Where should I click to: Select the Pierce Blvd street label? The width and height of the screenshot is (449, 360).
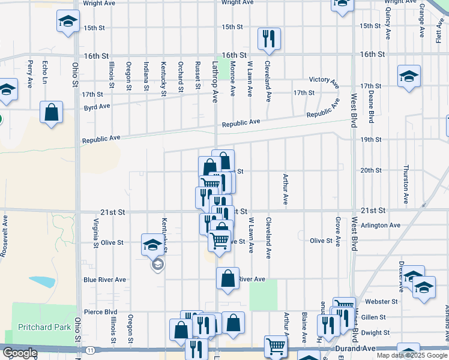tap(100, 312)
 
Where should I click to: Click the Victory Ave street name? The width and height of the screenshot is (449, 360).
tap(324, 79)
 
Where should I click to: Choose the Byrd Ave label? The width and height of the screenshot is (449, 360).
tap(97, 106)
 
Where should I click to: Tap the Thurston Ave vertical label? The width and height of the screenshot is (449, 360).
tap(406, 183)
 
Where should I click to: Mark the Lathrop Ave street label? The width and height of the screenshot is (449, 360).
tap(214, 81)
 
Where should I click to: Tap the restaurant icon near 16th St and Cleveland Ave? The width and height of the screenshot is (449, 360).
tap(268, 39)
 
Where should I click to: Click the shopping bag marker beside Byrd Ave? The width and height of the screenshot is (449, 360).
tap(52, 112)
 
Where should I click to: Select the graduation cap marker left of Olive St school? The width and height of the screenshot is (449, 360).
tap(152, 244)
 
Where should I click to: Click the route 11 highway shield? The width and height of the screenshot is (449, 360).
tap(89, 349)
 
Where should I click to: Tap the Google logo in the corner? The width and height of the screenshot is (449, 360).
tap(19, 353)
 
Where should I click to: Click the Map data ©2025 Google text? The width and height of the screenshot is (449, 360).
tap(412, 355)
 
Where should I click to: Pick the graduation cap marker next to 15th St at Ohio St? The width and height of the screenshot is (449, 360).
tap(68, 22)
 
